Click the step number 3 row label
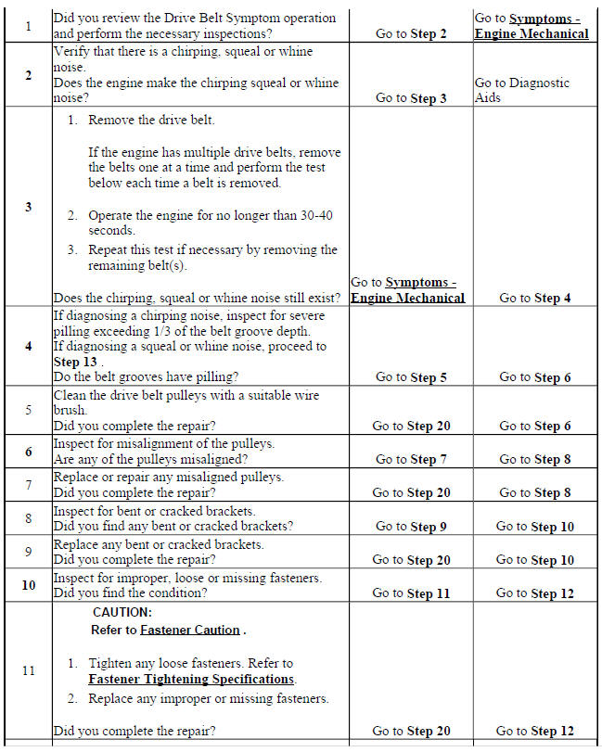point(28,207)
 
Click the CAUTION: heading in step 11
point(122,613)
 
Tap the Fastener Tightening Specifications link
point(192,680)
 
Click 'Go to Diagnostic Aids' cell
point(521,90)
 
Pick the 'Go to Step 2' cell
point(411,33)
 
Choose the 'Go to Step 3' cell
point(411,98)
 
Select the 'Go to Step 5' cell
point(411,377)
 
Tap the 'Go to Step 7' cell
point(411,459)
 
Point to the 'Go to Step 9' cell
point(411,527)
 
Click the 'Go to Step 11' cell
point(411,593)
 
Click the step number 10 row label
point(28,585)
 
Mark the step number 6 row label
point(28,452)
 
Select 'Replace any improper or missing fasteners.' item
point(208,698)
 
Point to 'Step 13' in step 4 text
point(79,362)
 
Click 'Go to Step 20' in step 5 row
point(411,426)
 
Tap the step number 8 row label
point(28,518)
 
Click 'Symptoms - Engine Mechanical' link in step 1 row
point(532,26)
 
